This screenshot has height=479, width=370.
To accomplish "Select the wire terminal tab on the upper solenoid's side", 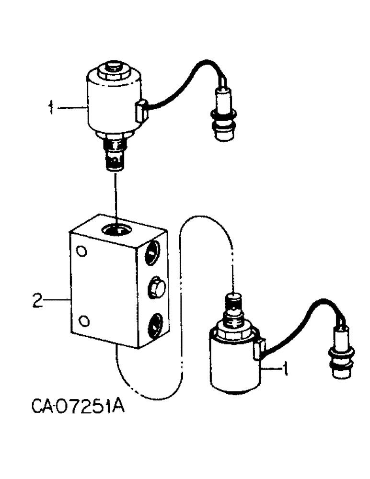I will pyautogui.click(x=141, y=112).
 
